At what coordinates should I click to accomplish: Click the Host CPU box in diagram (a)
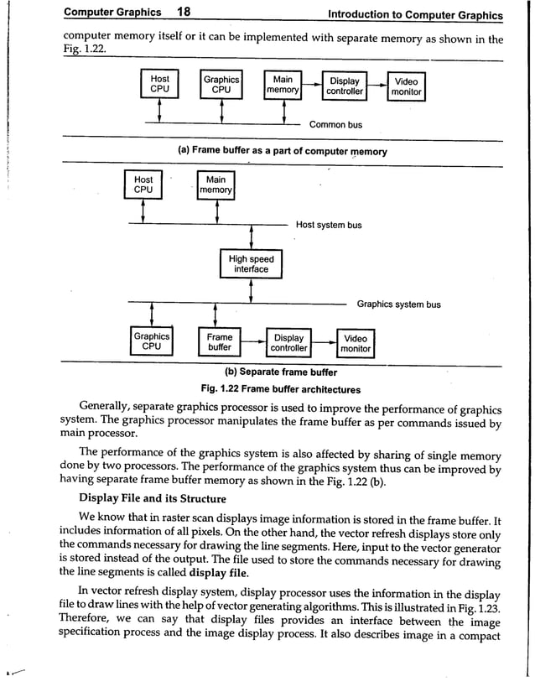click(159, 85)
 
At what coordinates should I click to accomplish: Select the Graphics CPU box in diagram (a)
click(221, 85)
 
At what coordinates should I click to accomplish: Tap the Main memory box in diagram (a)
click(283, 86)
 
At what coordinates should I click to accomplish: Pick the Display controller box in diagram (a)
click(345, 86)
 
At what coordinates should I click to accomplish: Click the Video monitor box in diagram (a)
click(406, 86)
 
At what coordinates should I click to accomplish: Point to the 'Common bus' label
click(335, 125)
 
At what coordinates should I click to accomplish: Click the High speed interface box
click(252, 264)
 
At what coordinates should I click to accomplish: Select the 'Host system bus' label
click(329, 225)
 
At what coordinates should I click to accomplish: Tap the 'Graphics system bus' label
click(398, 304)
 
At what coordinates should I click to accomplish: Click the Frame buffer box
click(220, 341)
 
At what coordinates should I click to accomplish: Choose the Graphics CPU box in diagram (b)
click(152, 341)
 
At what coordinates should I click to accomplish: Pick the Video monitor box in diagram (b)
click(356, 343)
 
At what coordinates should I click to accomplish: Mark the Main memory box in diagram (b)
click(216, 185)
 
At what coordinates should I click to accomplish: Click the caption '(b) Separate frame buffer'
click(281, 372)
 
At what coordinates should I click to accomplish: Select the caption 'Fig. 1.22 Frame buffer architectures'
click(281, 389)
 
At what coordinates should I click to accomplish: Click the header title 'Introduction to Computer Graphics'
click(415, 14)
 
